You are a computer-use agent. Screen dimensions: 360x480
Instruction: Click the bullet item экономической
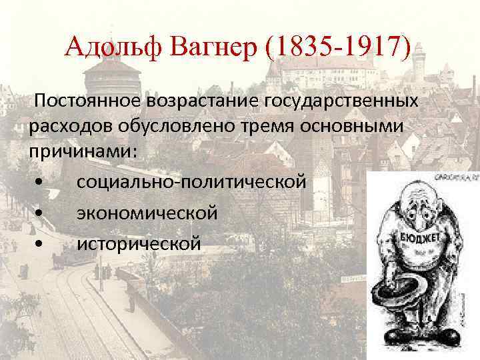[x=147, y=213]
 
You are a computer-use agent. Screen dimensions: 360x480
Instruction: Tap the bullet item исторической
[x=138, y=244]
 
